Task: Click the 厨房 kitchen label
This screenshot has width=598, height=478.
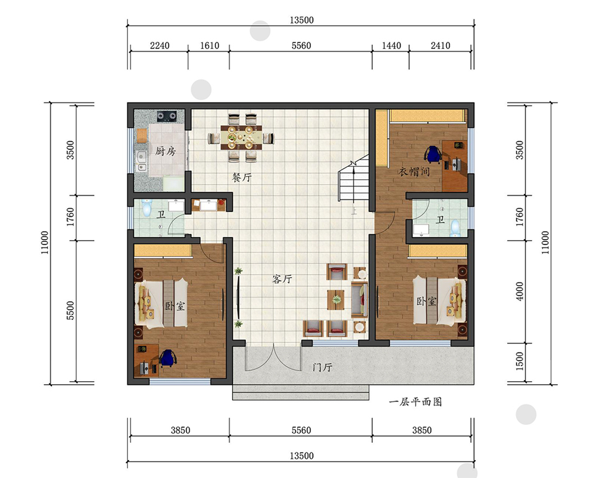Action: pyautogui.click(x=165, y=151)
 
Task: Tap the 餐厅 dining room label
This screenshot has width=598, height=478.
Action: pyautogui.click(x=242, y=177)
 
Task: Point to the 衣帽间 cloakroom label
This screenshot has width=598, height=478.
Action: pyautogui.click(x=414, y=171)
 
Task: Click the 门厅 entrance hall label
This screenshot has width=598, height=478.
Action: pyautogui.click(x=322, y=367)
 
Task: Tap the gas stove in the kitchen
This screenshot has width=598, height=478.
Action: pyautogui.click(x=167, y=116)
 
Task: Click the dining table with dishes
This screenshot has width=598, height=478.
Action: pyautogui.click(x=241, y=137)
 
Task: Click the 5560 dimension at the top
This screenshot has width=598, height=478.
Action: pyautogui.click(x=301, y=46)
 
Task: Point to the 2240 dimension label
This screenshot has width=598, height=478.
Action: pyautogui.click(x=160, y=46)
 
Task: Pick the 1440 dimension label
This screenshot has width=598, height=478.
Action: pyautogui.click(x=391, y=46)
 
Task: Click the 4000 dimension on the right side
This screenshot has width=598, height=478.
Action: pyautogui.click(x=520, y=291)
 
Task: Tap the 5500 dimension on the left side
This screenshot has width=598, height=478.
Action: pyautogui.click(x=70, y=310)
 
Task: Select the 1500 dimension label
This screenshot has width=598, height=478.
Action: pyautogui.click(x=520, y=361)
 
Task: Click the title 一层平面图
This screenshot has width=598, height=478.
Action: pyautogui.click(x=416, y=402)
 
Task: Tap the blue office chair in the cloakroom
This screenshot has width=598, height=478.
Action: pyautogui.click(x=433, y=154)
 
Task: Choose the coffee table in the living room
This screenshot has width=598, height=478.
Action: pyautogui.click(x=336, y=299)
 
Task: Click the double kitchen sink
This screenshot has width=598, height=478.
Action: pyautogui.click(x=142, y=161)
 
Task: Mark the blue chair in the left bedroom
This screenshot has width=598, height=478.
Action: pyautogui.click(x=168, y=358)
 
